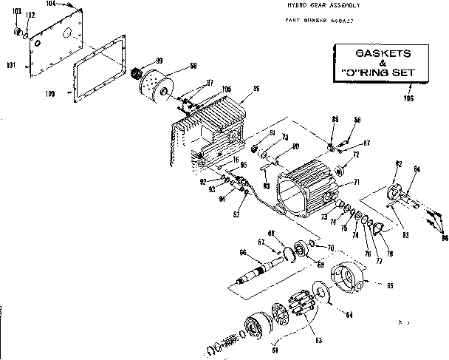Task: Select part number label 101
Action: coord(10,66)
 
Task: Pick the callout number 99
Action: coord(159,60)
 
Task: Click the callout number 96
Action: coord(256,89)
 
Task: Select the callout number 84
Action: coord(417,170)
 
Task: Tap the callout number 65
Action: coord(391,285)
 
